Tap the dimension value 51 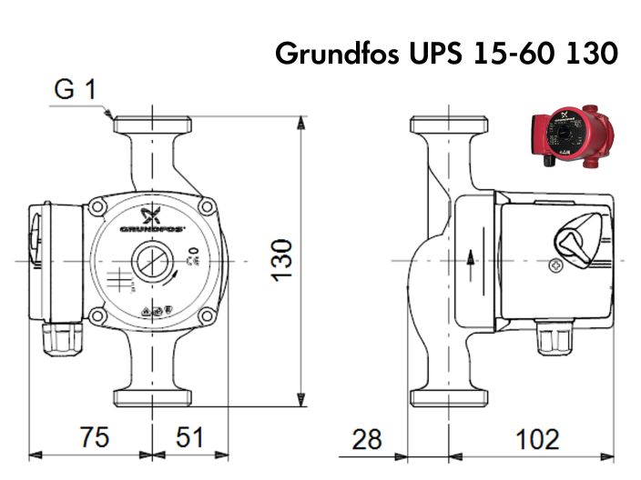coord(188,437)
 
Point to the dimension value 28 coord(367,439)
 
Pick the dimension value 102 coord(536,439)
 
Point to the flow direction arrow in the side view coord(471,260)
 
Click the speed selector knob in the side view coord(575,240)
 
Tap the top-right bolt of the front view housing coord(209,207)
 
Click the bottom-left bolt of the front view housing coord(96,315)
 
